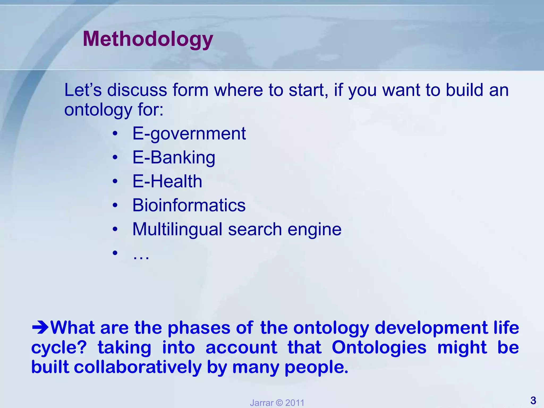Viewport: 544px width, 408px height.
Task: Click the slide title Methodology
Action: pyautogui.click(x=148, y=39)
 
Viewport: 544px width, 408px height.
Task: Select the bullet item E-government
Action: pyautogui.click(x=189, y=133)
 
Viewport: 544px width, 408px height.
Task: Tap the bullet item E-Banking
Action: pyautogui.click(x=174, y=158)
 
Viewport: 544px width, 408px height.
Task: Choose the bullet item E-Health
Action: pyautogui.click(x=167, y=181)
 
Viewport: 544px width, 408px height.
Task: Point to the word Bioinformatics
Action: pyautogui.click(x=189, y=205)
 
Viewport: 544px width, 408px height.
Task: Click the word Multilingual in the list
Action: pyautogui.click(x=177, y=229)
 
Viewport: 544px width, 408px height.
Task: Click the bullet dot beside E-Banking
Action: pyautogui.click(x=115, y=158)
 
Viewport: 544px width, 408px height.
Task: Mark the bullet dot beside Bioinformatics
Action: pyautogui.click(x=115, y=206)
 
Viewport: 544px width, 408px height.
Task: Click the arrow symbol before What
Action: pyautogui.click(x=40, y=328)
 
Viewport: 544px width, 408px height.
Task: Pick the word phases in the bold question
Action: pyautogui.click(x=199, y=328)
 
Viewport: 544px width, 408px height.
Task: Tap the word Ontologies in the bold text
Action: pyautogui.click(x=379, y=347)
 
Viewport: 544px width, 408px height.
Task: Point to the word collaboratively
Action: pyautogui.click(x=138, y=367)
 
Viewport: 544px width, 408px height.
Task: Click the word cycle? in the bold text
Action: pyautogui.click(x=59, y=347)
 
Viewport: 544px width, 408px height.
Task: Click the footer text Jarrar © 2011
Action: pyautogui.click(x=277, y=403)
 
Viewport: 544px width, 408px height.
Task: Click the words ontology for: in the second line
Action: pyautogui.click(x=114, y=109)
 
